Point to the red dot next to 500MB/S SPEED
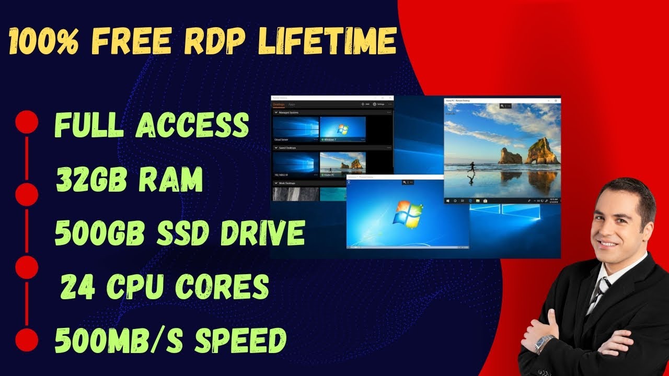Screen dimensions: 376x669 click(x=27, y=340)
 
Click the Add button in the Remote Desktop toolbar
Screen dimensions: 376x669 click(x=365, y=104)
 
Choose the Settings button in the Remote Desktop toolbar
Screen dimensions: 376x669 click(x=377, y=104)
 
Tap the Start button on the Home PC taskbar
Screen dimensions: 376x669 click(x=447, y=201)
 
